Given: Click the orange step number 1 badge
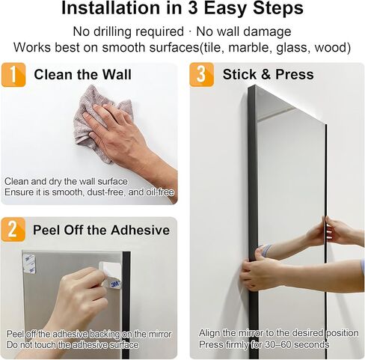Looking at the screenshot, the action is pyautogui.click(x=13, y=75).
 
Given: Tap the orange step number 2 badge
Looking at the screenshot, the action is pyautogui.click(x=13, y=230).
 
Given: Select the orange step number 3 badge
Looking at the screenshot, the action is pyautogui.click(x=202, y=75).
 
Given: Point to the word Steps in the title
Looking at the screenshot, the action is pyautogui.click(x=278, y=8).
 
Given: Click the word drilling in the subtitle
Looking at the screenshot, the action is pyautogui.click(x=114, y=32).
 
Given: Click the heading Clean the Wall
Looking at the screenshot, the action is pyautogui.click(x=82, y=75).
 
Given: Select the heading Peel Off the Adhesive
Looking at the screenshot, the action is pyautogui.click(x=101, y=230).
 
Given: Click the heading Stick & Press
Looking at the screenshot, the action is pyautogui.click(x=269, y=75).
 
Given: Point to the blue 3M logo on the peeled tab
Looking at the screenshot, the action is pyautogui.click(x=115, y=284).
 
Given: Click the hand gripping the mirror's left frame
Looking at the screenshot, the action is pyautogui.click(x=260, y=271).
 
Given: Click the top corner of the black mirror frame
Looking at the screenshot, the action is pyautogui.click(x=254, y=85).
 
